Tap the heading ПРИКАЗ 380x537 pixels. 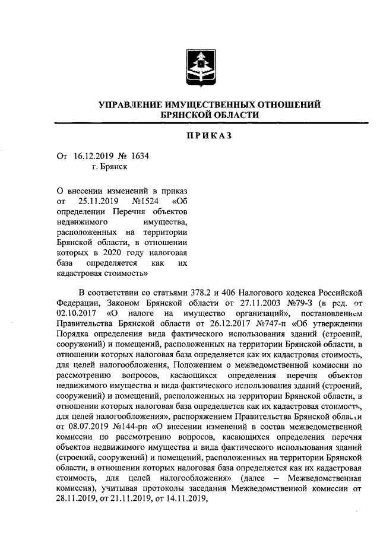pyautogui.click(x=208, y=135)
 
